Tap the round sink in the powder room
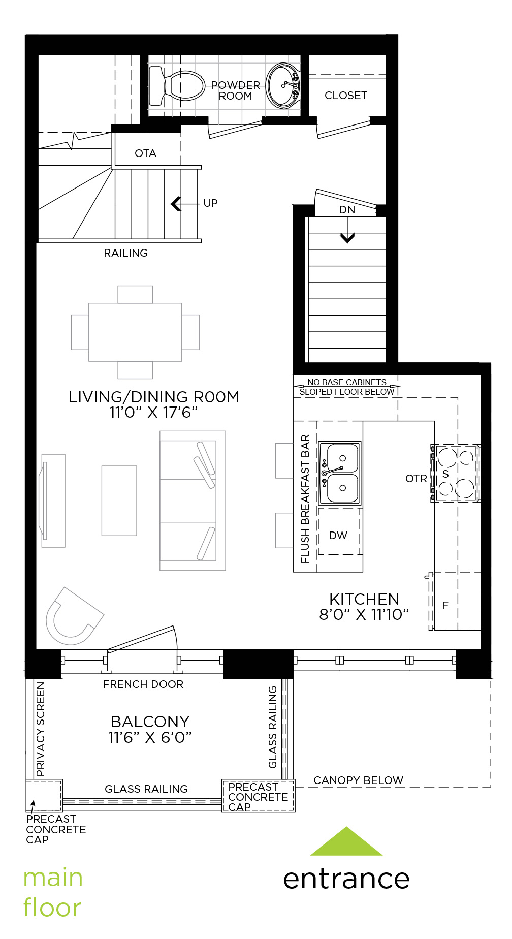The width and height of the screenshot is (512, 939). coord(283,85)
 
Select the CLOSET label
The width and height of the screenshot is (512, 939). coord(345,96)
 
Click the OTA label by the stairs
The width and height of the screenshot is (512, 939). coord(145,153)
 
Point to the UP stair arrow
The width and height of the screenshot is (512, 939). coord(185,204)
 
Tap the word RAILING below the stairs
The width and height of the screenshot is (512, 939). coord(125,253)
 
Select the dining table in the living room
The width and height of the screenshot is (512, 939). coord(135,332)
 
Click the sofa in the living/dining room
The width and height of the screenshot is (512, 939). coord(193,501)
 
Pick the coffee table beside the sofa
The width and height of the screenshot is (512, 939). coord(119,500)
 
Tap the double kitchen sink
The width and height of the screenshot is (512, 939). coord(340,473)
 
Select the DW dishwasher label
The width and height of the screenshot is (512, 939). coord(338,536)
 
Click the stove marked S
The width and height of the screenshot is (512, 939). coord(456,474)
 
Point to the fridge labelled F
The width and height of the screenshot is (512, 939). coord(456,601)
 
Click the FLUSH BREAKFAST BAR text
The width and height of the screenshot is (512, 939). coord(305,499)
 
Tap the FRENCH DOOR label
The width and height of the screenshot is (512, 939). coord(143,684)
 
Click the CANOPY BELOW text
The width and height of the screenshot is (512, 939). coord(358,780)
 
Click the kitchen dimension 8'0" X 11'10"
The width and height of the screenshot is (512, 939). coord(364,615)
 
